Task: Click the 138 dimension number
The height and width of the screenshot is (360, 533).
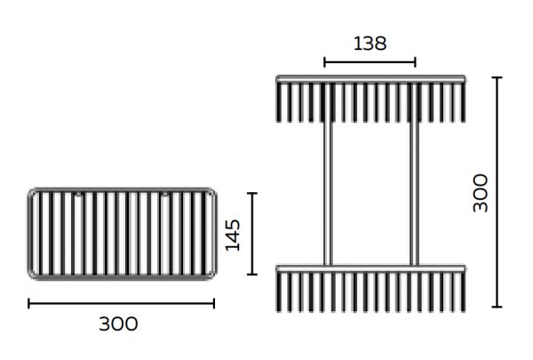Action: click(x=370, y=43)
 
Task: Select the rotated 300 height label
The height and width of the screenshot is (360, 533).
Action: click(x=480, y=192)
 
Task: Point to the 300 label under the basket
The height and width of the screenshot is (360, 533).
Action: click(x=118, y=324)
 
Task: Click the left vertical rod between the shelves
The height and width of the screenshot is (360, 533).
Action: click(x=328, y=191)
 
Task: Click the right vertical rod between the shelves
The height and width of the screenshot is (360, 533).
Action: click(x=414, y=191)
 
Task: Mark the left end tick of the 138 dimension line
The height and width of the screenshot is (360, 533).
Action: click(x=325, y=62)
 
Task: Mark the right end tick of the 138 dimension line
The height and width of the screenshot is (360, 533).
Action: click(x=415, y=62)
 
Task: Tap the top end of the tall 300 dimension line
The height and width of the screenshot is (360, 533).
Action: click(x=497, y=77)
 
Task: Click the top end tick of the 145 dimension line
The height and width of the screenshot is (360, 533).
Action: click(x=252, y=193)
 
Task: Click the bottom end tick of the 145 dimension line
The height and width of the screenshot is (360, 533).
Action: click(x=252, y=273)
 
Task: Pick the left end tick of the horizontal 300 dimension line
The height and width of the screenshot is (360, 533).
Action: click(x=29, y=303)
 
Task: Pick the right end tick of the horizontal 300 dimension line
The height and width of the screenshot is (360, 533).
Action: click(x=213, y=303)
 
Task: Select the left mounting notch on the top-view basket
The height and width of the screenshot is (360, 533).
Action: click(x=78, y=194)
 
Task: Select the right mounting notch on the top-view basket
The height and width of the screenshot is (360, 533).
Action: click(x=164, y=194)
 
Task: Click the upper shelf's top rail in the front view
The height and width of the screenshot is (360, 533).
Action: click(x=370, y=79)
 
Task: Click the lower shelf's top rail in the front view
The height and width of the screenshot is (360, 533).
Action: click(x=370, y=267)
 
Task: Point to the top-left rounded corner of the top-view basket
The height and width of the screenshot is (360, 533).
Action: click(x=33, y=193)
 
